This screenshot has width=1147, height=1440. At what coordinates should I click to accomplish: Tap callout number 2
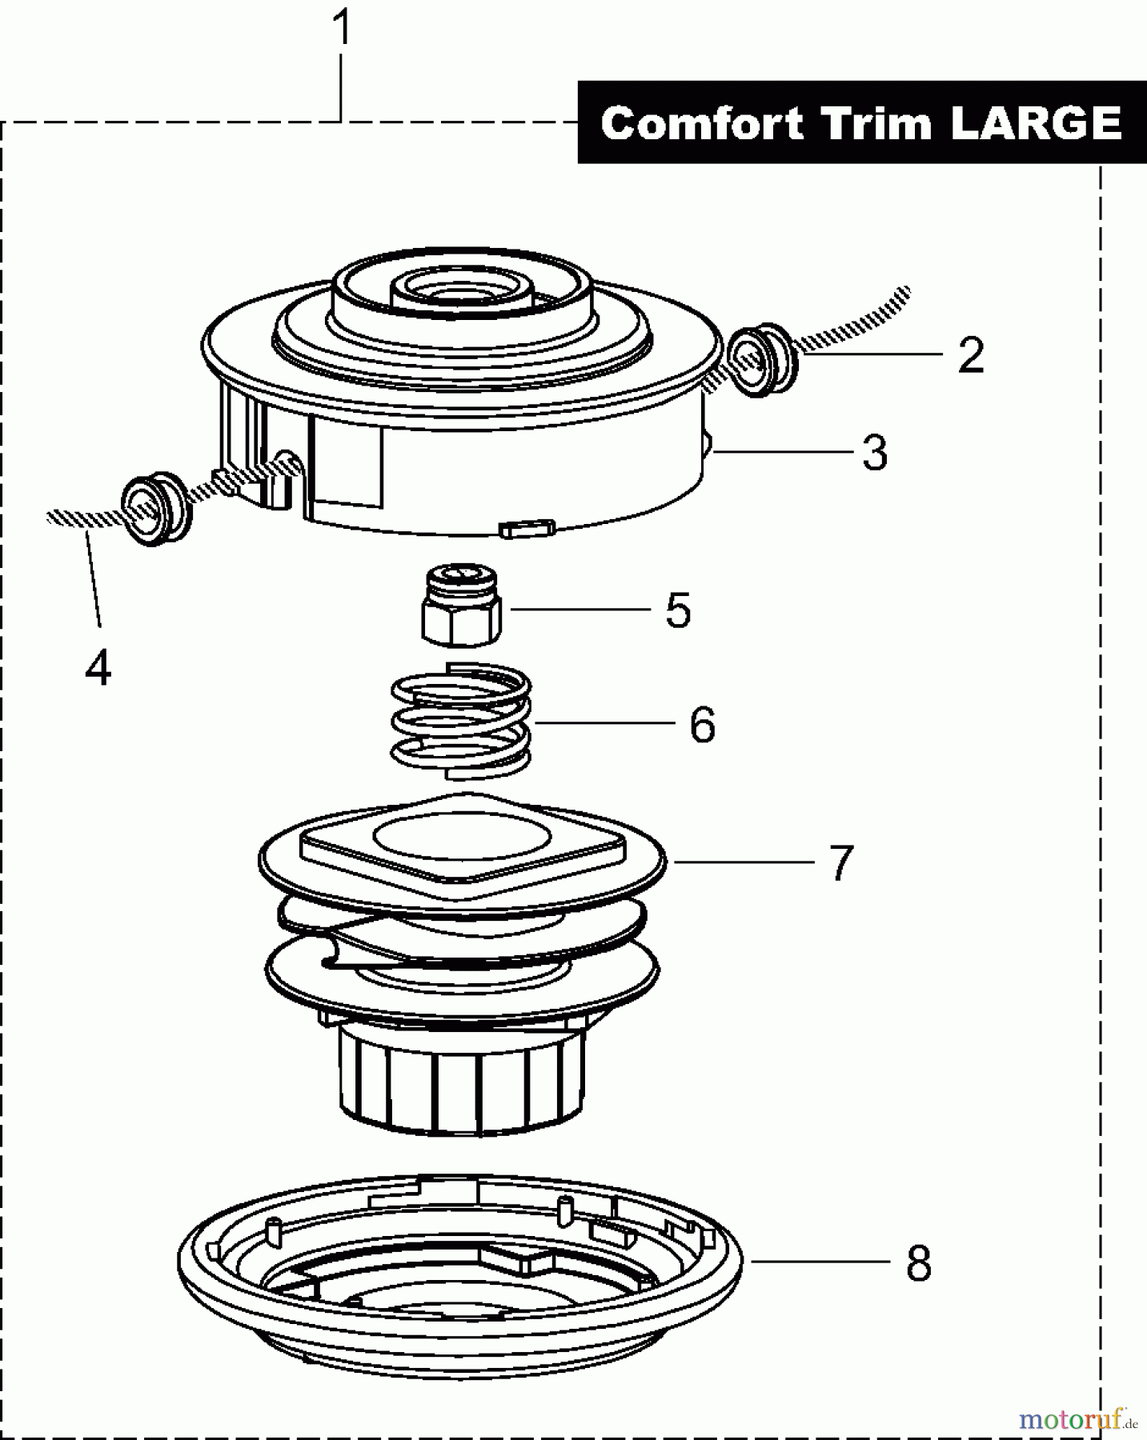click(970, 355)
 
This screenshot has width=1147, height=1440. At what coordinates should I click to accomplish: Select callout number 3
click(875, 454)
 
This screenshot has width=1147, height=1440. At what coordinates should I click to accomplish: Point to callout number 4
click(98, 667)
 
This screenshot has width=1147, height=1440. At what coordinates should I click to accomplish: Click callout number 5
click(678, 610)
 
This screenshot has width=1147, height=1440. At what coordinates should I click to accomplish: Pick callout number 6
click(702, 726)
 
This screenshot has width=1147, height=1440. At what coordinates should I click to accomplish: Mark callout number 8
click(919, 1264)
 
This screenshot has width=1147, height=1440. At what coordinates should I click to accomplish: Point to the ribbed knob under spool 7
click(461, 1080)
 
